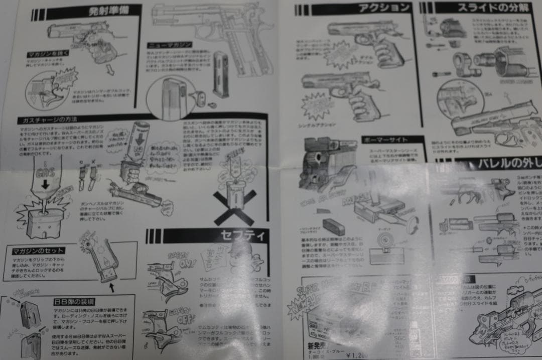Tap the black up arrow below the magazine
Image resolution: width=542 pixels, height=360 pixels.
[111, 288]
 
